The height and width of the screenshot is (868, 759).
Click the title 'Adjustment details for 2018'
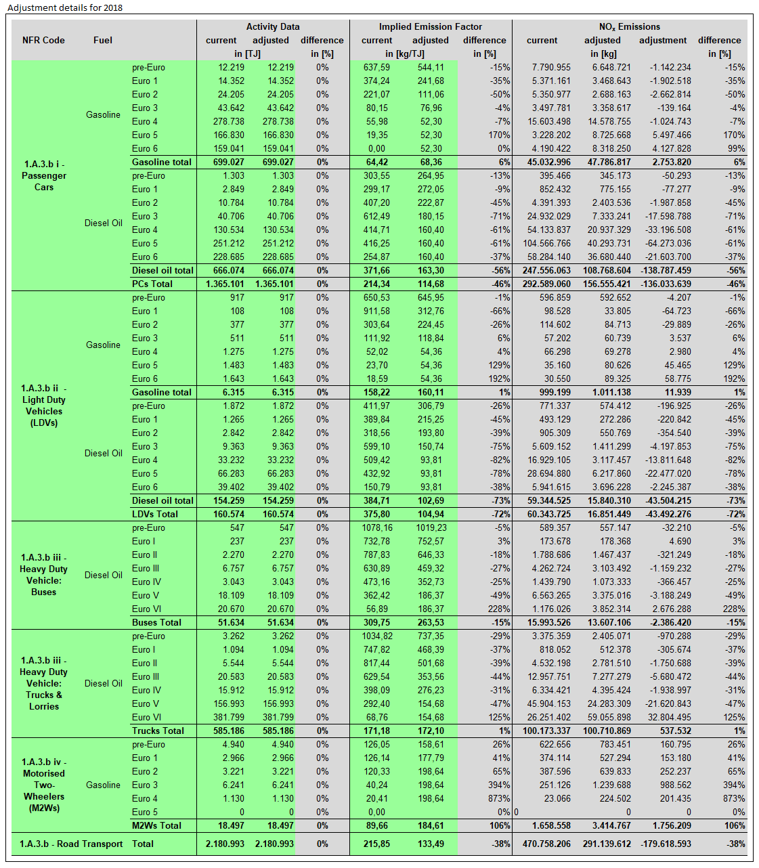pyautogui.click(x=65, y=8)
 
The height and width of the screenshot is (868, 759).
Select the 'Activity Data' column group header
pyautogui.click(x=272, y=26)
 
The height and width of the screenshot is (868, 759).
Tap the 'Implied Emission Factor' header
pyautogui.click(x=430, y=26)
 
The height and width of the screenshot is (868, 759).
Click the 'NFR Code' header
pyautogui.click(x=43, y=40)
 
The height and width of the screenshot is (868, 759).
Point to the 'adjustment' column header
pyautogui.click(x=663, y=40)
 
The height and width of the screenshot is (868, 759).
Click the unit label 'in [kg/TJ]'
pyautogui.click(x=405, y=53)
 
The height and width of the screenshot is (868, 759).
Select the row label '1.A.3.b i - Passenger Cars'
pyautogui.click(x=44, y=175)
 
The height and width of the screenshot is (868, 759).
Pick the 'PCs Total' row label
pyautogui.click(x=152, y=284)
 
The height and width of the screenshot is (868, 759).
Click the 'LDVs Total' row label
pyautogui.click(x=155, y=514)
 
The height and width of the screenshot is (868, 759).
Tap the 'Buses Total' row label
pyautogui.click(x=156, y=622)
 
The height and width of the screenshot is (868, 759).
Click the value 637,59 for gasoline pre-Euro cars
pyautogui.click(x=376, y=67)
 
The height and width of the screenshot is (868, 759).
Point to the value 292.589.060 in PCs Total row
pyautogui.click(x=546, y=284)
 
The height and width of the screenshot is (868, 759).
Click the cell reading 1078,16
pyautogui.click(x=377, y=527)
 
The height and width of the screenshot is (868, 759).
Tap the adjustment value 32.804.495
pyautogui.click(x=665, y=717)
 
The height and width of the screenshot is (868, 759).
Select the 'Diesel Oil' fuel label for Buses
pyautogui.click(x=104, y=575)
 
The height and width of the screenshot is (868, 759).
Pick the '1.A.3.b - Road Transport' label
pyautogui.click(x=71, y=844)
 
